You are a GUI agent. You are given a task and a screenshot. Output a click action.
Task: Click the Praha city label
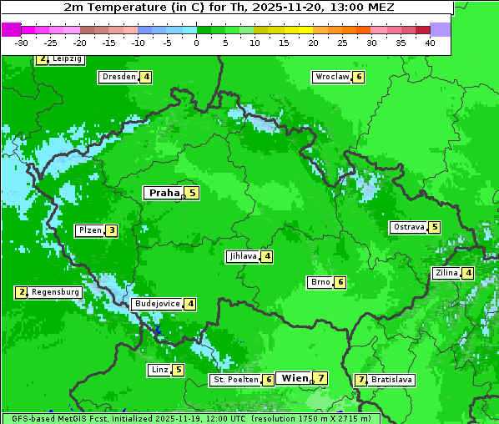coord(164,193)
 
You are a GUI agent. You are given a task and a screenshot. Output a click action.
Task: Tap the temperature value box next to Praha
coord(192,193)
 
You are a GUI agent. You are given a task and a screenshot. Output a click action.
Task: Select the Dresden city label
coord(118,77)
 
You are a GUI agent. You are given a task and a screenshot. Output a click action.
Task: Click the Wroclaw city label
coord(331,77)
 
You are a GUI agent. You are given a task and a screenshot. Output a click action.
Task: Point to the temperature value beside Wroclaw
coord(359,77)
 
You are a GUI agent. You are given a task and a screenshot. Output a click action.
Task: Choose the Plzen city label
coord(89,230)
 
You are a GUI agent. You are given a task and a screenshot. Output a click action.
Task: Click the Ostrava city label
coord(408,227)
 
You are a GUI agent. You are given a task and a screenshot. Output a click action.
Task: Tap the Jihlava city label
coord(242,256)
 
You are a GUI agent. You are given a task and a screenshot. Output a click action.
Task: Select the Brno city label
coord(320,282)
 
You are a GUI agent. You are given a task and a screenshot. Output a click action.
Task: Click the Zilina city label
coord(446,273)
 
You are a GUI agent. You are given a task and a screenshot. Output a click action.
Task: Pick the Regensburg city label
coord(55,292)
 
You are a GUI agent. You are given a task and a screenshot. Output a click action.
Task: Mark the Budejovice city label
coord(157,304)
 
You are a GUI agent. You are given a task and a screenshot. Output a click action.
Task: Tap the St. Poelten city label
coord(234,380)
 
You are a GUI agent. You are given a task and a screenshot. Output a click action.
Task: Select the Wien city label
coord(295,378)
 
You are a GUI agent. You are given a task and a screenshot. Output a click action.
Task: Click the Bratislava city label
coord(391,380)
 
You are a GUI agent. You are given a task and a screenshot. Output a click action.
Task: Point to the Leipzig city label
coord(66,59)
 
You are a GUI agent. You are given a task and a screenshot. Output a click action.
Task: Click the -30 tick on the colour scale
coord(22,43)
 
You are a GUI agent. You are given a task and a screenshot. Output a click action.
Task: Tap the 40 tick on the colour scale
coord(430,43)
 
